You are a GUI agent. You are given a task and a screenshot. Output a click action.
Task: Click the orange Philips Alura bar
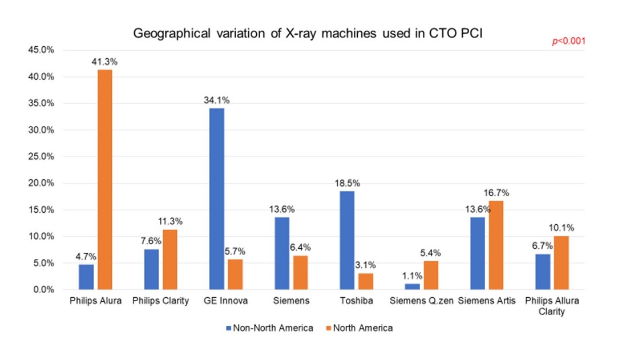click(x=104, y=180)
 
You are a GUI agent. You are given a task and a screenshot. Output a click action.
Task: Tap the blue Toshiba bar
click(x=347, y=240)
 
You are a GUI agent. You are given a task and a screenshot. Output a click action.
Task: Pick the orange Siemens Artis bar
click(x=496, y=245)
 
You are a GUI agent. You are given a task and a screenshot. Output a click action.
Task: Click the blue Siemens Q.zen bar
click(x=412, y=286)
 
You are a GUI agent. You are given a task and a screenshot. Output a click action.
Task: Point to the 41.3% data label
click(x=104, y=61)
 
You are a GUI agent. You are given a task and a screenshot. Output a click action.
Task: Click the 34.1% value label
click(x=217, y=100)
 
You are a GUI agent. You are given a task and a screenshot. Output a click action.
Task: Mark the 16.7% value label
click(x=496, y=193)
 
